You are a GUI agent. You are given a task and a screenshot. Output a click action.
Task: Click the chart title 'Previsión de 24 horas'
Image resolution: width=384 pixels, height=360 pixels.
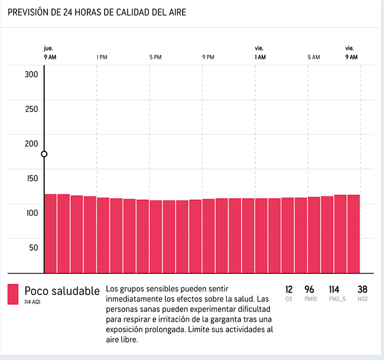point(97,12)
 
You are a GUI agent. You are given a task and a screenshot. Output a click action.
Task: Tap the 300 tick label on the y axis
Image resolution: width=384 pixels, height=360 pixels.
point(31,74)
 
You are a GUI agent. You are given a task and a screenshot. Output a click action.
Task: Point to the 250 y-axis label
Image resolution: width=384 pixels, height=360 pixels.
point(31,109)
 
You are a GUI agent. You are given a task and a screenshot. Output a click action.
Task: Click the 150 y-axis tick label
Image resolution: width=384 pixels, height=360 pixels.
point(31,179)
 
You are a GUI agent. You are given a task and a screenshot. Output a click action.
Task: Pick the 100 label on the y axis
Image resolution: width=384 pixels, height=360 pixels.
point(31,213)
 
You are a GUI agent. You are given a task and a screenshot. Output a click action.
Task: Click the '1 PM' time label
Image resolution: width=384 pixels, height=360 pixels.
point(102,57)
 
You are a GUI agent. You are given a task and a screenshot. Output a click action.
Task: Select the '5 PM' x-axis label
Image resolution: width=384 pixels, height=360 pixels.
point(155,57)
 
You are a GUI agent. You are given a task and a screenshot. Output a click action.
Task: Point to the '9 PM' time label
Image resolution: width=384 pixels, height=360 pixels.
point(208,57)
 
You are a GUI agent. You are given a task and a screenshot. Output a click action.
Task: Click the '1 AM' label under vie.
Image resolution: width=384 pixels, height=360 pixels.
point(260,57)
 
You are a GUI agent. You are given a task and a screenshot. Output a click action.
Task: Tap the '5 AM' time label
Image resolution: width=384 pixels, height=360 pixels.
point(314,57)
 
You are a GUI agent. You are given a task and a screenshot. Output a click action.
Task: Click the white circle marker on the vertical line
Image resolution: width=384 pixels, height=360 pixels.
point(44,154)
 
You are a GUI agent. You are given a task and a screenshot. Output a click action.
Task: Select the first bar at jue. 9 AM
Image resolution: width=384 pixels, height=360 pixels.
point(50,233)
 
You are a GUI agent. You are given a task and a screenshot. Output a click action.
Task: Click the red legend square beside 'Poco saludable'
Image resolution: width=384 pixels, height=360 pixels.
point(13,294)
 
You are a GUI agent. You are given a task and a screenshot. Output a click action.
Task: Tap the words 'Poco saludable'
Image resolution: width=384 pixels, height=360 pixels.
point(62,291)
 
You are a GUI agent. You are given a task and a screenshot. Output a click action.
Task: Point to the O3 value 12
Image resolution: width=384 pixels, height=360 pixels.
point(289,290)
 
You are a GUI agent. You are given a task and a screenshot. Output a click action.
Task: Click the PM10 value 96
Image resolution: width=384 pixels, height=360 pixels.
point(309,290)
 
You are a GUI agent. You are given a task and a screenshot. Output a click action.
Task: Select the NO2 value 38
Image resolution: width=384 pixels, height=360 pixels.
point(363,290)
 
